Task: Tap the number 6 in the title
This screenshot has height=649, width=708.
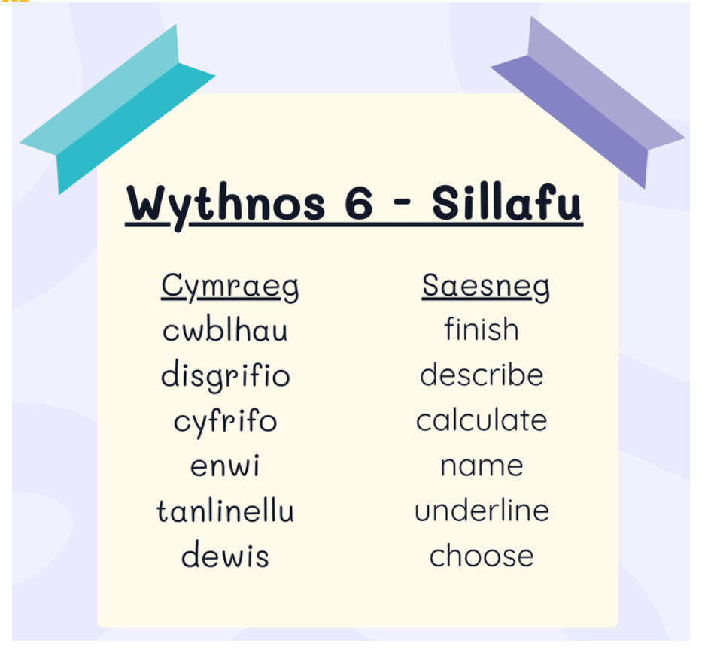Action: pos(359,202)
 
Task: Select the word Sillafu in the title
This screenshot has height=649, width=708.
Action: pos(506,202)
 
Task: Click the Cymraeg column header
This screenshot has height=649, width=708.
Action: pos(229,287)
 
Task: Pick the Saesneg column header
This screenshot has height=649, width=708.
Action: pos(486,287)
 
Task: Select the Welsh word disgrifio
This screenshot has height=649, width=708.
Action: pos(225,375)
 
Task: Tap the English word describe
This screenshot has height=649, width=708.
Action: pos(482,374)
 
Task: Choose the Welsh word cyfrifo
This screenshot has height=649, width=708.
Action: pos(225,420)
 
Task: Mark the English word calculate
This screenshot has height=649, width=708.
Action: pos(482,420)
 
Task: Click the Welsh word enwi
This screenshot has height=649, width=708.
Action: pos(225,465)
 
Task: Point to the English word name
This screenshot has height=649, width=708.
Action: pos(482,466)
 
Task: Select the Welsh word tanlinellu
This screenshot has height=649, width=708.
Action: pos(225,510)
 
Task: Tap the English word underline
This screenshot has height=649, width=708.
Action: pos(482,510)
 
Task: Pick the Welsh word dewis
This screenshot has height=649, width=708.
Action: pos(225,555)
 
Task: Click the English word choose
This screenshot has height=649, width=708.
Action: pos(482,555)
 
